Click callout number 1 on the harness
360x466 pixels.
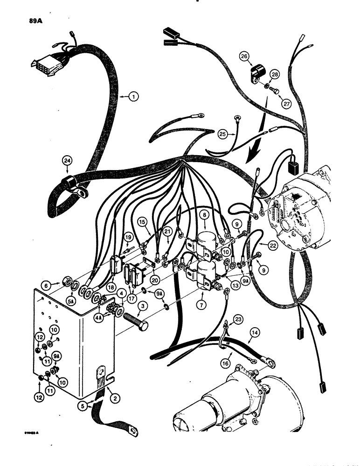[134, 97]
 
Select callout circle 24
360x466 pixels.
[68, 162]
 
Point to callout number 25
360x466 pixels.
[223, 134]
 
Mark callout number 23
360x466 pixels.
[239, 320]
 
